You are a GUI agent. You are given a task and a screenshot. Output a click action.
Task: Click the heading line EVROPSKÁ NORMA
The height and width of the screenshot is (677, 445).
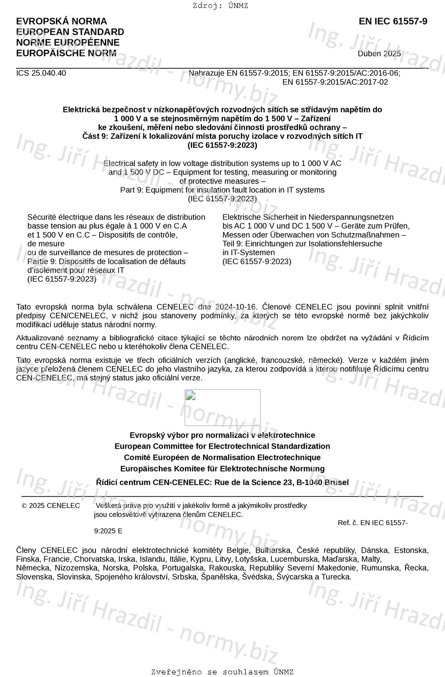(61, 21)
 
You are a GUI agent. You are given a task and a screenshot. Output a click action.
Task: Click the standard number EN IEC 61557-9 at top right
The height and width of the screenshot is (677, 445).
(393, 21)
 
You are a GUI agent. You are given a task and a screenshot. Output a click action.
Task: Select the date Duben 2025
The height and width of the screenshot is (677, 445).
(379, 53)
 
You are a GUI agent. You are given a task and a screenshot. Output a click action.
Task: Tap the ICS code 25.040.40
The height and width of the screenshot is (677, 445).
(41, 73)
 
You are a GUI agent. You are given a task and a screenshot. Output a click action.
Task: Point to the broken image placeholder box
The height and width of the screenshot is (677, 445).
(223, 408)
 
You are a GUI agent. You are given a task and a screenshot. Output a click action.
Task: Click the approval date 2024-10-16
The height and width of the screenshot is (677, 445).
(236, 307)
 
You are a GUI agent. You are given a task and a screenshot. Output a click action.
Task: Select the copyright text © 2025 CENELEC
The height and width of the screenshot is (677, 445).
(51, 506)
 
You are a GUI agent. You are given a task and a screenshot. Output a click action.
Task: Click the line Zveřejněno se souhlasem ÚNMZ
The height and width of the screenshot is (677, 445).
(222, 672)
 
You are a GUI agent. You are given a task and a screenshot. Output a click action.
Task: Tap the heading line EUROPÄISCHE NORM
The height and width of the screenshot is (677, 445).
(66, 53)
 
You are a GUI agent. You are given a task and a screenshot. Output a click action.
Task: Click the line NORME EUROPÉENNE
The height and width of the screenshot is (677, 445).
(68, 43)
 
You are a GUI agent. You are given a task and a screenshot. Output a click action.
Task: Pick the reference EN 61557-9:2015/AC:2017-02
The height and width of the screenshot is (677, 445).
(335, 82)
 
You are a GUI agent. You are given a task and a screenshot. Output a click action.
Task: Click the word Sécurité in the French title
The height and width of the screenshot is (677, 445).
(43, 217)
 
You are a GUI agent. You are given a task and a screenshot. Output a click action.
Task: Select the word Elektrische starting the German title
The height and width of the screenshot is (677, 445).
(242, 217)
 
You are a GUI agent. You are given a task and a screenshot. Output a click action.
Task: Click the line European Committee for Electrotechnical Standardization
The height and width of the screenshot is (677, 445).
(222, 447)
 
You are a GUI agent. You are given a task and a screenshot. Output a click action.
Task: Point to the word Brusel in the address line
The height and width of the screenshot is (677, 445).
(336, 482)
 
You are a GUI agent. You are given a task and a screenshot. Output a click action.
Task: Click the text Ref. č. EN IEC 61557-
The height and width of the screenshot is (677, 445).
(373, 523)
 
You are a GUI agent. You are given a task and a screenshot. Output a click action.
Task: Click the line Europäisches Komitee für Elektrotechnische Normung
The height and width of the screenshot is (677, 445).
(222, 469)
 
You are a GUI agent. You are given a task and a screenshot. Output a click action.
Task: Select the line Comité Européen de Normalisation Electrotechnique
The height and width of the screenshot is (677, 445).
(222, 458)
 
